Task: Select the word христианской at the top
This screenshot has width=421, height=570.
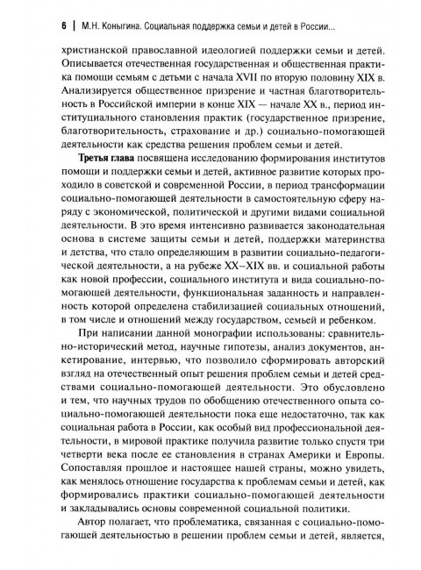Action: pos(94,53)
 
